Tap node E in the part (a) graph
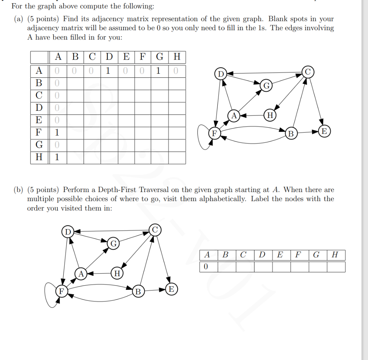click(324, 131)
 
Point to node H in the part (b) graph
click(117, 273)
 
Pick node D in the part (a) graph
click(220, 74)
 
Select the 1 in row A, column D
click(109, 70)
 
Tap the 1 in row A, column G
click(158, 70)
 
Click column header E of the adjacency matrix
click(126, 57)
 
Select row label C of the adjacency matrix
click(39, 95)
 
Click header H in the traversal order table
click(335, 255)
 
